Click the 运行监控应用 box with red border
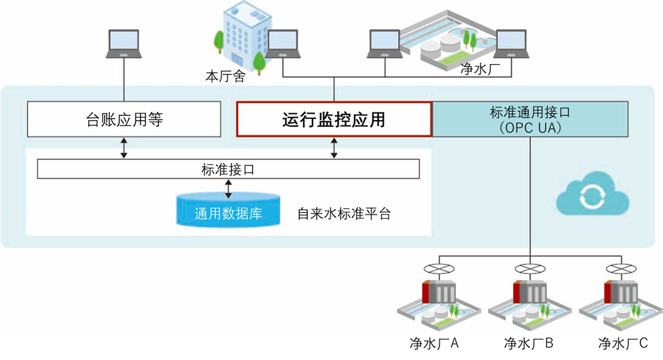point(334,120)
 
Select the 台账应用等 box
point(123,120)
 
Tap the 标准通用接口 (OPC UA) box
point(530,119)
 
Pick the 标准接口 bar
point(228,169)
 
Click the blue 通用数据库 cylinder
point(228,211)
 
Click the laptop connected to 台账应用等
point(123,44)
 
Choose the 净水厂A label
point(434,343)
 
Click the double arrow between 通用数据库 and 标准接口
point(228,189)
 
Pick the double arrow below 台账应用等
point(123,147)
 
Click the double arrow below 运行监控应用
point(334,147)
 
